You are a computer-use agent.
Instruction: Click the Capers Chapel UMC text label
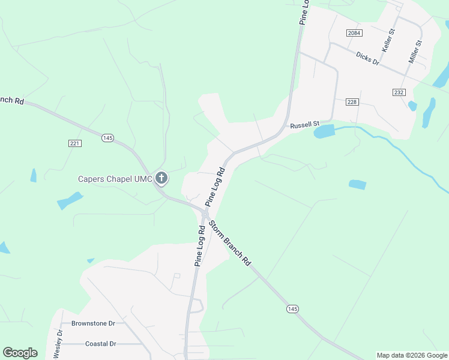pyautogui.click(x=115, y=179)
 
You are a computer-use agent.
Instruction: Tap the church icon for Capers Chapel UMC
pyautogui.click(x=161, y=178)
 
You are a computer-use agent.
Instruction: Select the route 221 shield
pyautogui.click(x=74, y=143)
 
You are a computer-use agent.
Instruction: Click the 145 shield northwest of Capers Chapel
pyautogui.click(x=107, y=138)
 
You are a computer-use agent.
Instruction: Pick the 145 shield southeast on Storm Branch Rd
pyautogui.click(x=292, y=308)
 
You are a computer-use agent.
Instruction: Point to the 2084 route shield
pyautogui.click(x=353, y=32)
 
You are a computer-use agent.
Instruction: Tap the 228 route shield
pyautogui.click(x=352, y=102)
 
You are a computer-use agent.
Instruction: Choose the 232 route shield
pyautogui.click(x=399, y=92)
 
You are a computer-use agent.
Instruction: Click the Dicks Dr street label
pyautogui.click(x=367, y=58)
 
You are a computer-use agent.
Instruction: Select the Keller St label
pyautogui.click(x=388, y=40)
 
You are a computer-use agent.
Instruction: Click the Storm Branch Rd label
pyautogui.click(x=230, y=244)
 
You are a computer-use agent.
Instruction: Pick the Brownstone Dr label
pyautogui.click(x=93, y=323)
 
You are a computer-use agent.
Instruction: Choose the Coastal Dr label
pyautogui.click(x=101, y=344)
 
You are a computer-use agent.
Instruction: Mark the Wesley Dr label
pyautogui.click(x=59, y=344)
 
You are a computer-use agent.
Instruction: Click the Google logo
pyautogui.click(x=20, y=353)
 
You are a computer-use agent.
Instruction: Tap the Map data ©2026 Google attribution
pyautogui.click(x=412, y=355)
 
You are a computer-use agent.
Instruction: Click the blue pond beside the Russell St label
pyautogui.click(x=324, y=131)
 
